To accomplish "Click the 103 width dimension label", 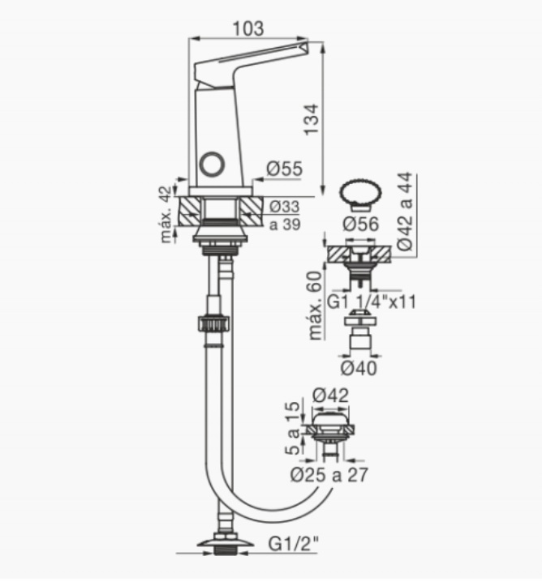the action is pos(248,28).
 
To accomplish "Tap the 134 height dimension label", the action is pos(312,119).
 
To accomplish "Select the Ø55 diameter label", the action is pos(285,169).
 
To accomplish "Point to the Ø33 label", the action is pos(284,207).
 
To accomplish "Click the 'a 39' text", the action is pos(285,225).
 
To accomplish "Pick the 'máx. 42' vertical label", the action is pos(167,214).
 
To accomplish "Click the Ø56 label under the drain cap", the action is pos(361,224).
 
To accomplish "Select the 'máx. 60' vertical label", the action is pos(315,305).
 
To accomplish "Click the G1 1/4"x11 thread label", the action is pos(371,302).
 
